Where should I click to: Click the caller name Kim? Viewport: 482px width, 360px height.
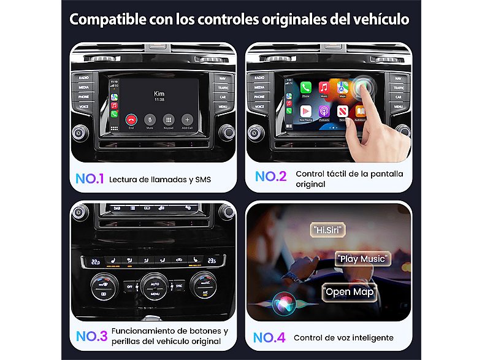(159, 93)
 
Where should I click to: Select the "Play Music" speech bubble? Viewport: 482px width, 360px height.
(363, 258)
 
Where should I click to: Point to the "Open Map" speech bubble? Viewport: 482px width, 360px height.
(348, 292)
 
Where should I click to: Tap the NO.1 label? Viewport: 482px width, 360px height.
(89, 179)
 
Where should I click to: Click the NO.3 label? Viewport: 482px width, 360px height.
(91, 336)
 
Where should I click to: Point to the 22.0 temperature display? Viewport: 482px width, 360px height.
(95, 261)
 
